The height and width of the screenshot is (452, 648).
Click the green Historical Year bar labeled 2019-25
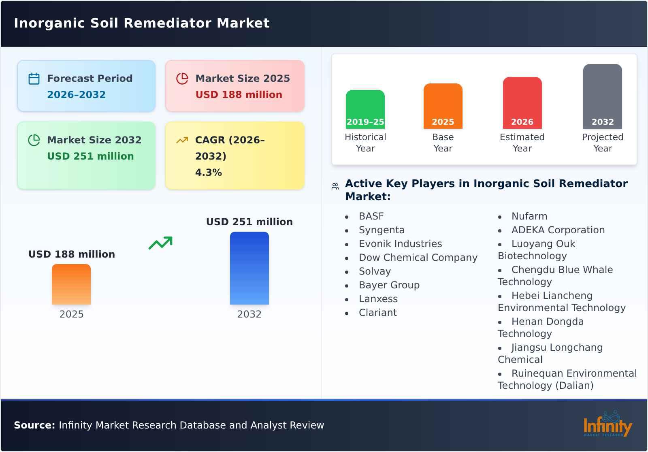(365, 109)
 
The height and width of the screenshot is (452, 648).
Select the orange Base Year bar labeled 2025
(443, 106)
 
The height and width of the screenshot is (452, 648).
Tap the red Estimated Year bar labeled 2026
(522, 102)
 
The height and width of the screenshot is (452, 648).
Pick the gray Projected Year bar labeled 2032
(602, 96)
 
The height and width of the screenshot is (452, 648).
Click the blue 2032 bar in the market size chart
(249, 268)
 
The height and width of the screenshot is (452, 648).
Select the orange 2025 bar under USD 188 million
(71, 284)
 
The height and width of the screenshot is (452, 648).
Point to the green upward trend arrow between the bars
(160, 243)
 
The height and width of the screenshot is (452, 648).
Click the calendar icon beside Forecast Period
(34, 79)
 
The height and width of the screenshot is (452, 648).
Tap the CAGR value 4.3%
(208, 173)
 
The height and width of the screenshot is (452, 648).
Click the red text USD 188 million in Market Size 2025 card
(239, 95)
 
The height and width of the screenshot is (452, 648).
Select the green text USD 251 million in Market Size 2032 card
(90, 156)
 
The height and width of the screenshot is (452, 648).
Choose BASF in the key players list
(371, 216)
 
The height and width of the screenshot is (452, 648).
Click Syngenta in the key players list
(382, 230)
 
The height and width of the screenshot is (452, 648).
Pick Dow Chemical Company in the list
(418, 258)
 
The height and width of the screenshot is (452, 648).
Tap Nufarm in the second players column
(529, 216)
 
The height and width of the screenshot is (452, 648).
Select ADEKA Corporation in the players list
(558, 230)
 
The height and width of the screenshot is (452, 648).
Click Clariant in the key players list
(377, 313)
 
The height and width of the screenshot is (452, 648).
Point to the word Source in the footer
(34, 425)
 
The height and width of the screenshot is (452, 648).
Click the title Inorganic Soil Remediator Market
(142, 23)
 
